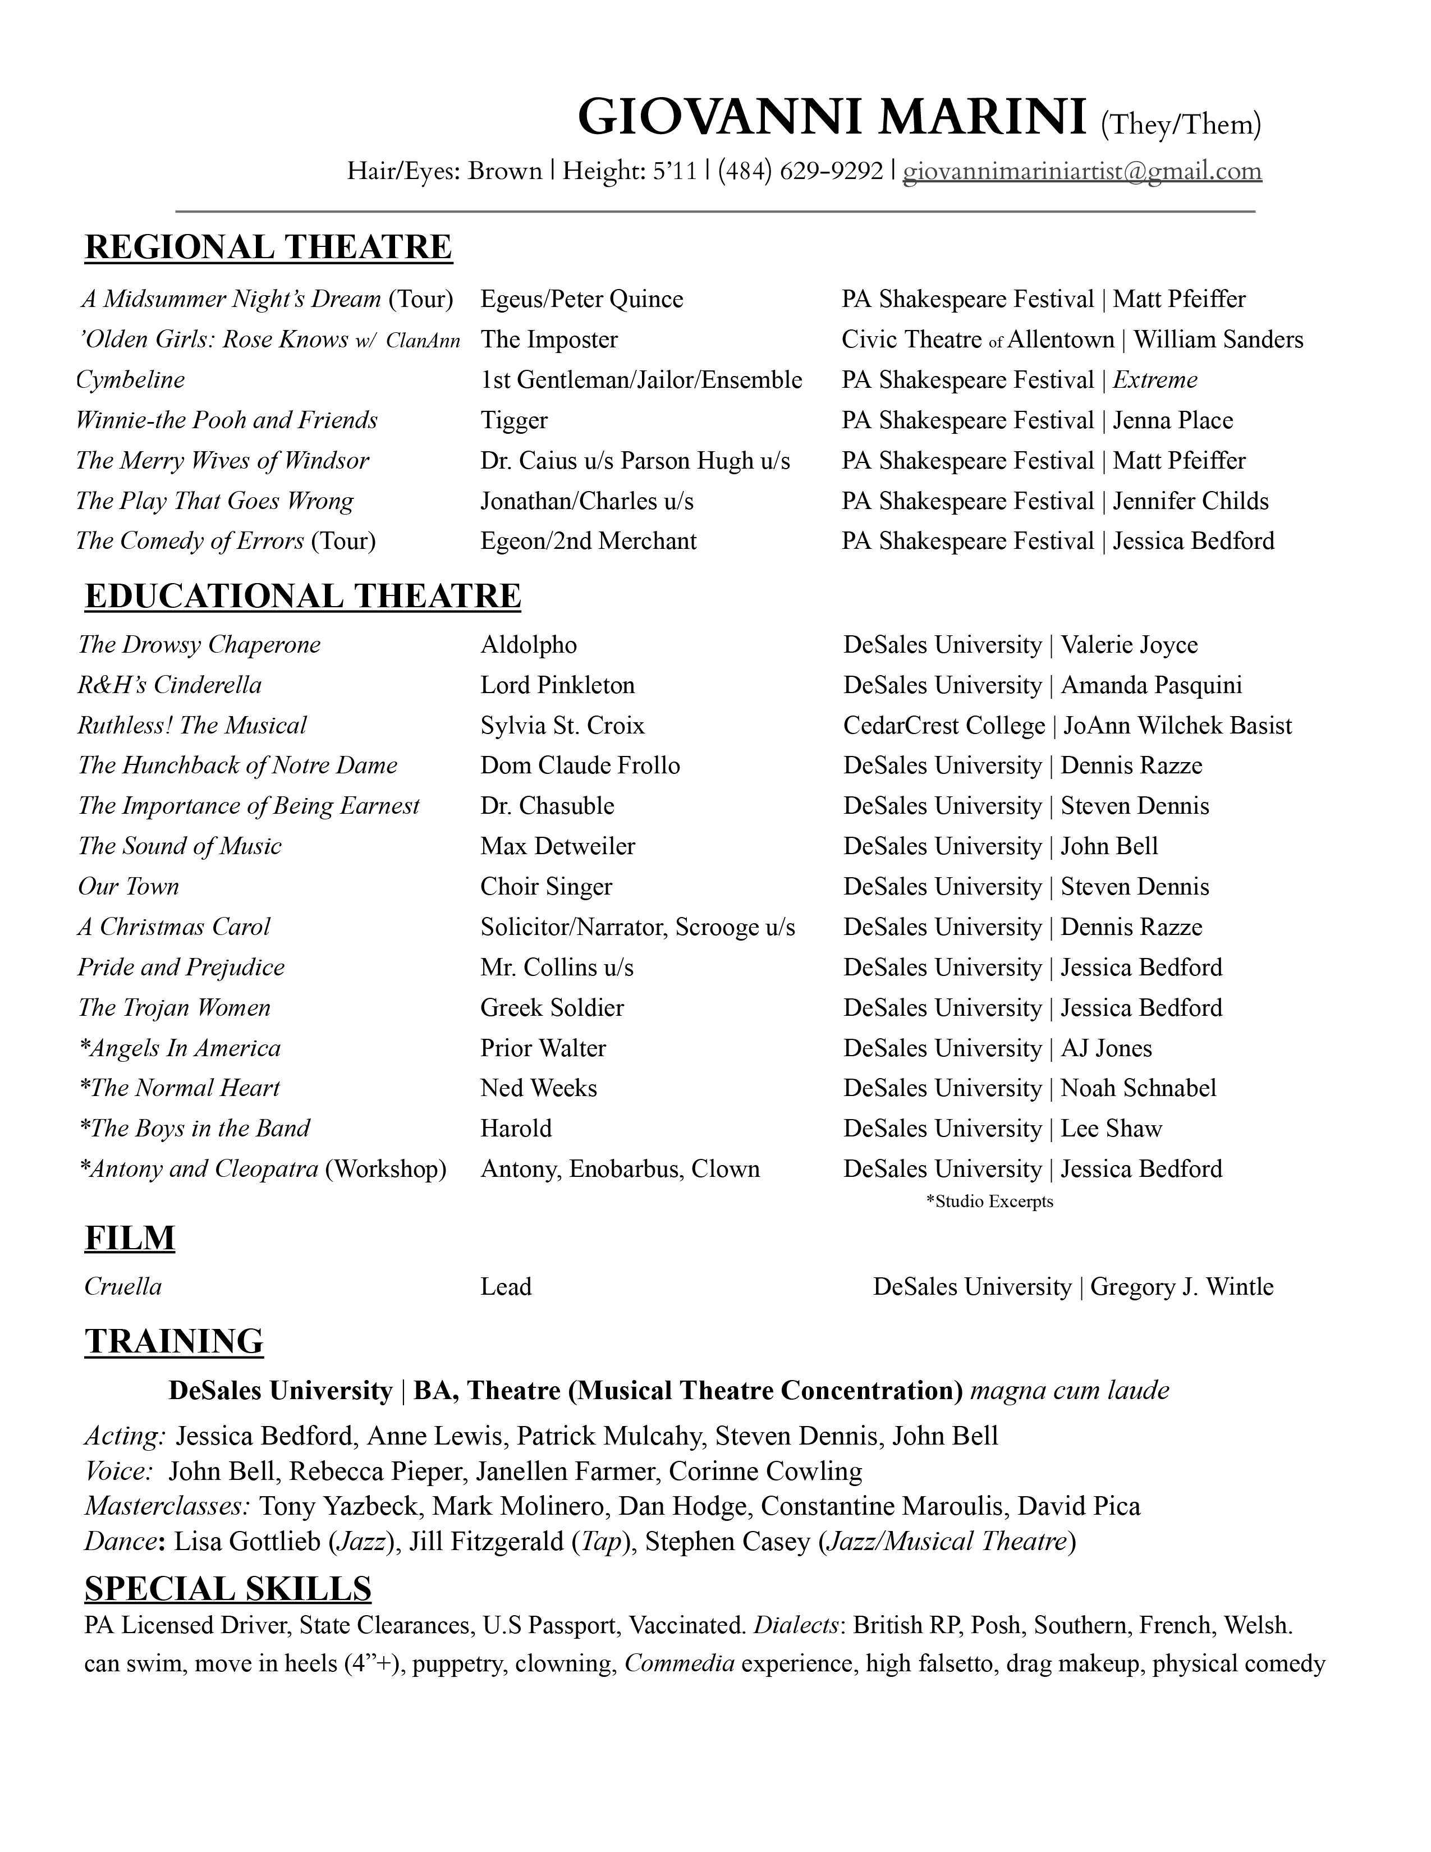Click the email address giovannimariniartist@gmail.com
tap(1082, 171)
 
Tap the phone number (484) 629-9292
tap(800, 171)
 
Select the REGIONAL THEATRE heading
tap(269, 247)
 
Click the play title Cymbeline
tap(131, 380)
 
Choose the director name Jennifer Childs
tap(1190, 501)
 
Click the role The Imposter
tap(549, 340)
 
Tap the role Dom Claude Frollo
tap(580, 765)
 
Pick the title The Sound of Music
tap(180, 846)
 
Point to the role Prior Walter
tap(543, 1048)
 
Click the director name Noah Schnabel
tap(1139, 1088)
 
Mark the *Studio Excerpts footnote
tap(989, 1202)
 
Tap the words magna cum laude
tap(1069, 1391)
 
